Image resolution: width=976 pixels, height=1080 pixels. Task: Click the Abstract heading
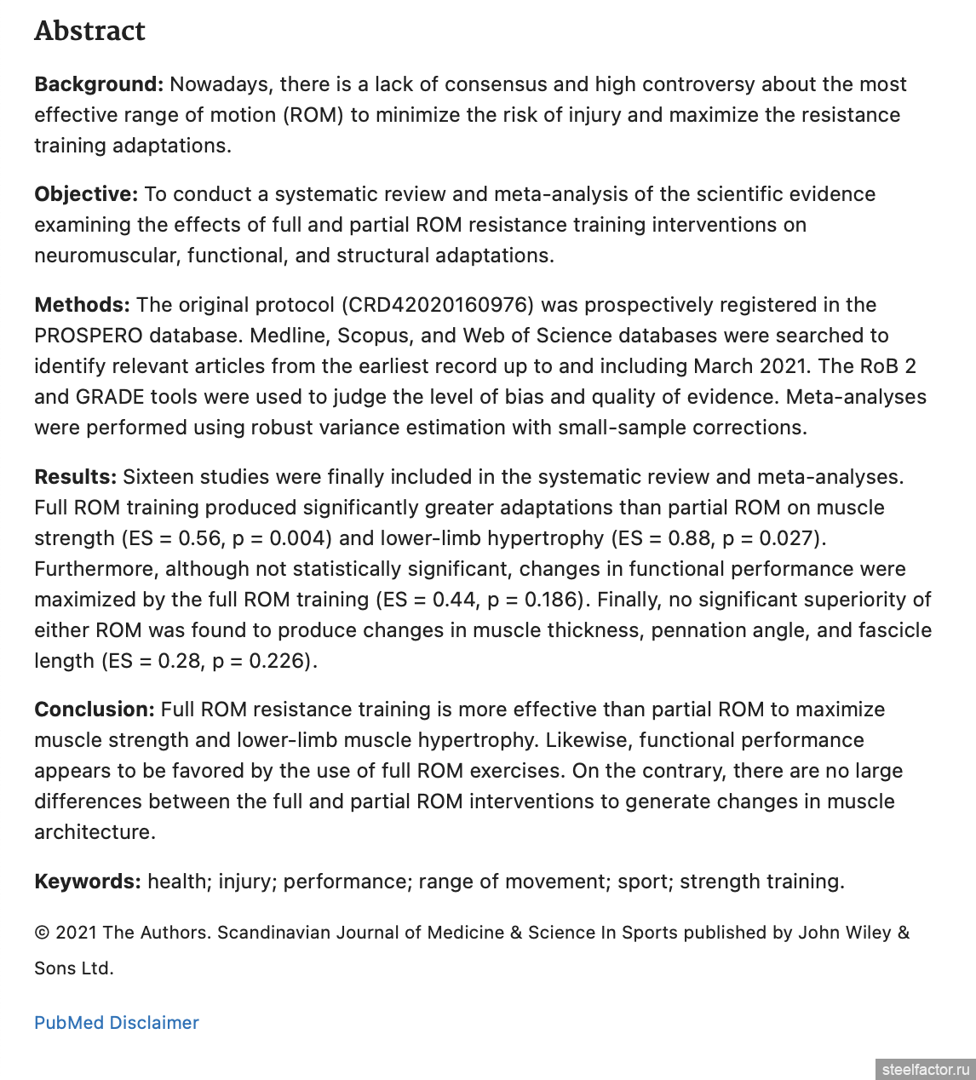(x=89, y=31)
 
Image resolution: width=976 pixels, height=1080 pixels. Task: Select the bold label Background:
(x=98, y=84)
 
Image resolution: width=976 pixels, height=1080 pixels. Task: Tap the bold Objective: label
(x=85, y=194)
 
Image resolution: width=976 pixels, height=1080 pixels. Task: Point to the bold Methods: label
(x=82, y=305)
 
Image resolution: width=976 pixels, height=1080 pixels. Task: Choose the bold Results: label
(x=75, y=477)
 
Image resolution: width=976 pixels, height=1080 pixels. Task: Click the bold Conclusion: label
(x=94, y=709)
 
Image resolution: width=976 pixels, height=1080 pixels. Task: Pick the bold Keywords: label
(x=87, y=882)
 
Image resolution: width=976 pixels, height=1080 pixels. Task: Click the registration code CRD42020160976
(x=439, y=305)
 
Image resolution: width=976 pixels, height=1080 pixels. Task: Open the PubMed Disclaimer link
(x=117, y=1023)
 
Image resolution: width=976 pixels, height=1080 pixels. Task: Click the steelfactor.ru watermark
(x=926, y=1069)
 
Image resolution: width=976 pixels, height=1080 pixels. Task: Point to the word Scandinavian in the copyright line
(x=273, y=933)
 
